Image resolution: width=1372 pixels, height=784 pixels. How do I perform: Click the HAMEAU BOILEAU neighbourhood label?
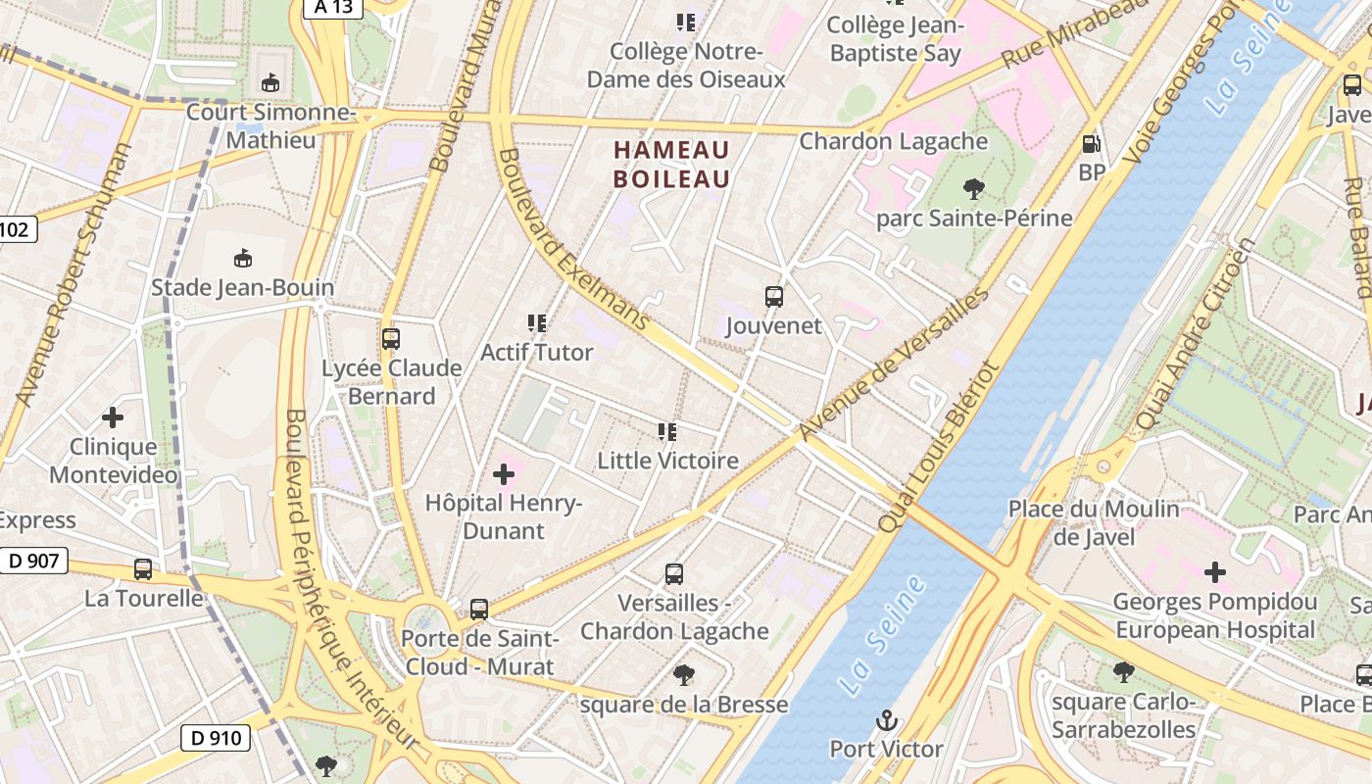[672, 165]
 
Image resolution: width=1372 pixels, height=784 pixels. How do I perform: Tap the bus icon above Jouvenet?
[773, 296]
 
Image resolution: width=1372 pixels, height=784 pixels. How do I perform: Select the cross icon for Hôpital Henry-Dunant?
[503, 475]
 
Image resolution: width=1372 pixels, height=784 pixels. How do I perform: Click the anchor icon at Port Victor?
[886, 721]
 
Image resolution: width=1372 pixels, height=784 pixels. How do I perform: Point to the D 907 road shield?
[33, 562]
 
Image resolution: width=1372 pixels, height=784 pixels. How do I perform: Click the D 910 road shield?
[215, 737]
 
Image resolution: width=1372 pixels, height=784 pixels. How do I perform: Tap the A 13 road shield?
[333, 8]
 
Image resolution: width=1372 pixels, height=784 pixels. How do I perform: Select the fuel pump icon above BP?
[1091, 144]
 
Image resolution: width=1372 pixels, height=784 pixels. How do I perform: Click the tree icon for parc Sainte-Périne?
[973, 188]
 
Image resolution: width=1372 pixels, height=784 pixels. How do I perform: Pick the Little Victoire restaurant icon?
[667, 431]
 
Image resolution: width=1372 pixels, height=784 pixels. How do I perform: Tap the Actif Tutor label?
[537, 352]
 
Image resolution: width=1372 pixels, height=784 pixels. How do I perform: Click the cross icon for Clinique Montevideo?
[113, 417]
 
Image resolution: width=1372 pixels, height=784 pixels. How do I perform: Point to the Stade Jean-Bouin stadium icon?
[242, 259]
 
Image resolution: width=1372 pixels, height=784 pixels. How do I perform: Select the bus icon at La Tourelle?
[143, 569]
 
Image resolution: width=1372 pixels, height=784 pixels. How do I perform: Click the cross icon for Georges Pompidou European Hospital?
[1215, 572]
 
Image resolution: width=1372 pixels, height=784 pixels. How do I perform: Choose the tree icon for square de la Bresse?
[683, 675]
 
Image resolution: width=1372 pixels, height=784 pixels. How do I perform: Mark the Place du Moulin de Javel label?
[1094, 522]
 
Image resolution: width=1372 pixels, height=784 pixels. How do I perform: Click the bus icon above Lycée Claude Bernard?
[391, 339]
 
